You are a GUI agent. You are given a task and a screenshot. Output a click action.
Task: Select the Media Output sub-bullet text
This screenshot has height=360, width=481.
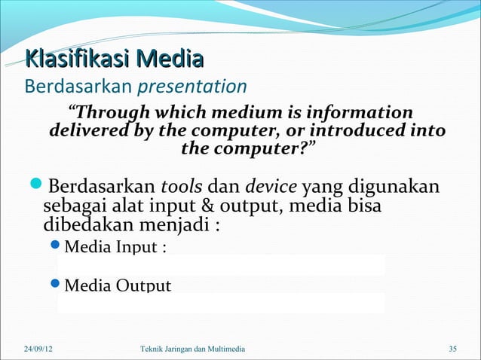click(118, 285)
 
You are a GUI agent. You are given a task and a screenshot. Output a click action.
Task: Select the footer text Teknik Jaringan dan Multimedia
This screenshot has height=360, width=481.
click(192, 348)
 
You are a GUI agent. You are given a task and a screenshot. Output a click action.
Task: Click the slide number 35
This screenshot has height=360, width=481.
click(452, 348)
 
